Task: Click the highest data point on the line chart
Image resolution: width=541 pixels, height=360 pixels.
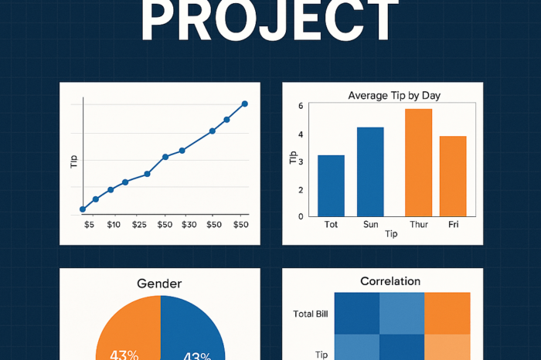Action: pyautogui.click(x=244, y=104)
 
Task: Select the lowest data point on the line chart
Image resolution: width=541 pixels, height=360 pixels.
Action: pyautogui.click(x=83, y=209)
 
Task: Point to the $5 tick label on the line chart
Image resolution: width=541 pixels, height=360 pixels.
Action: pyautogui.click(x=89, y=225)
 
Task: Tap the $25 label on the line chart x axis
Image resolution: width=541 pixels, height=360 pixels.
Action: pyautogui.click(x=139, y=225)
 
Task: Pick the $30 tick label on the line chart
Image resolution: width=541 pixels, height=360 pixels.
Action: pyautogui.click(x=189, y=225)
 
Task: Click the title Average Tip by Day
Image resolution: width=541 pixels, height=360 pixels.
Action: pyautogui.click(x=400, y=96)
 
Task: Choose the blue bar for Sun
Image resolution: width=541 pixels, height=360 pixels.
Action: pyautogui.click(x=370, y=172)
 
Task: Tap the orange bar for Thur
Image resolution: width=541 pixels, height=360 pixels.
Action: pyautogui.click(x=418, y=162)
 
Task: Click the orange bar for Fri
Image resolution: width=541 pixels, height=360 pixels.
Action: pyautogui.click(x=453, y=176)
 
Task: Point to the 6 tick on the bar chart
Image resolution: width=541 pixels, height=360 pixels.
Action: pyautogui.click(x=301, y=106)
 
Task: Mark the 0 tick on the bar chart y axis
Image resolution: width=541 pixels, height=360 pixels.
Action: pyautogui.click(x=301, y=216)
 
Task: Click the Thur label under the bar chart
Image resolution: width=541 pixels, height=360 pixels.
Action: pyautogui.click(x=418, y=226)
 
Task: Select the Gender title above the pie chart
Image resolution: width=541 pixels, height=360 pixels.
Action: pyautogui.click(x=159, y=284)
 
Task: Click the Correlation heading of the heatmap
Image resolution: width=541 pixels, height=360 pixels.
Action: pyautogui.click(x=390, y=281)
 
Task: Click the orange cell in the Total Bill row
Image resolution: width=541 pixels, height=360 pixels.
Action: pyautogui.click(x=447, y=313)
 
